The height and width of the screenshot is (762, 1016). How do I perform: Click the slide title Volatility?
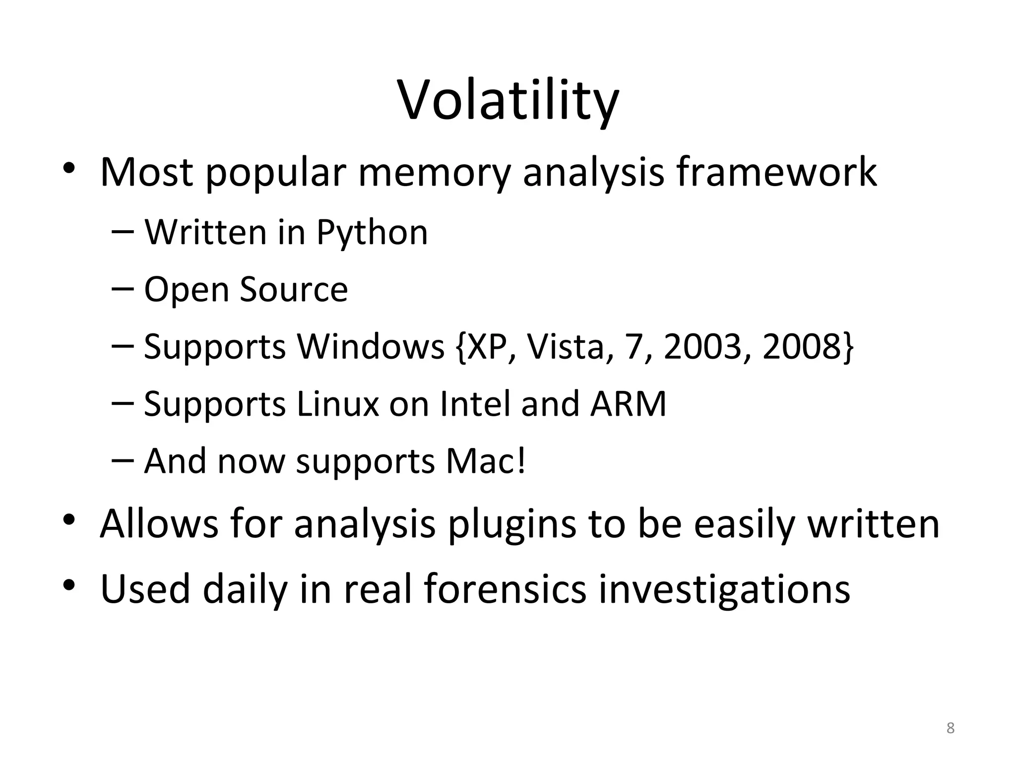pyautogui.click(x=508, y=102)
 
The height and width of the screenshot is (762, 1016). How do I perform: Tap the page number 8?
pyautogui.click(x=950, y=728)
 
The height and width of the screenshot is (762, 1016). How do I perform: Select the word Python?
pyautogui.click(x=372, y=233)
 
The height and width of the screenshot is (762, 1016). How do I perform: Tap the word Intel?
pyautogui.click(x=475, y=404)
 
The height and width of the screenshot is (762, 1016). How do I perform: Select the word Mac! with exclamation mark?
pyautogui.click(x=486, y=461)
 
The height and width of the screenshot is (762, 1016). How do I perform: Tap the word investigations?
pyautogui.click(x=724, y=590)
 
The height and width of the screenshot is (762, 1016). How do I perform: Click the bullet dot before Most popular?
pyautogui.click(x=69, y=168)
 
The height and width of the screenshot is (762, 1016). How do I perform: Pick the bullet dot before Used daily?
pyautogui.click(x=69, y=585)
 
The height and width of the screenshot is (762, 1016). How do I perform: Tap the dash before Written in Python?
pyautogui.click(x=123, y=231)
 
